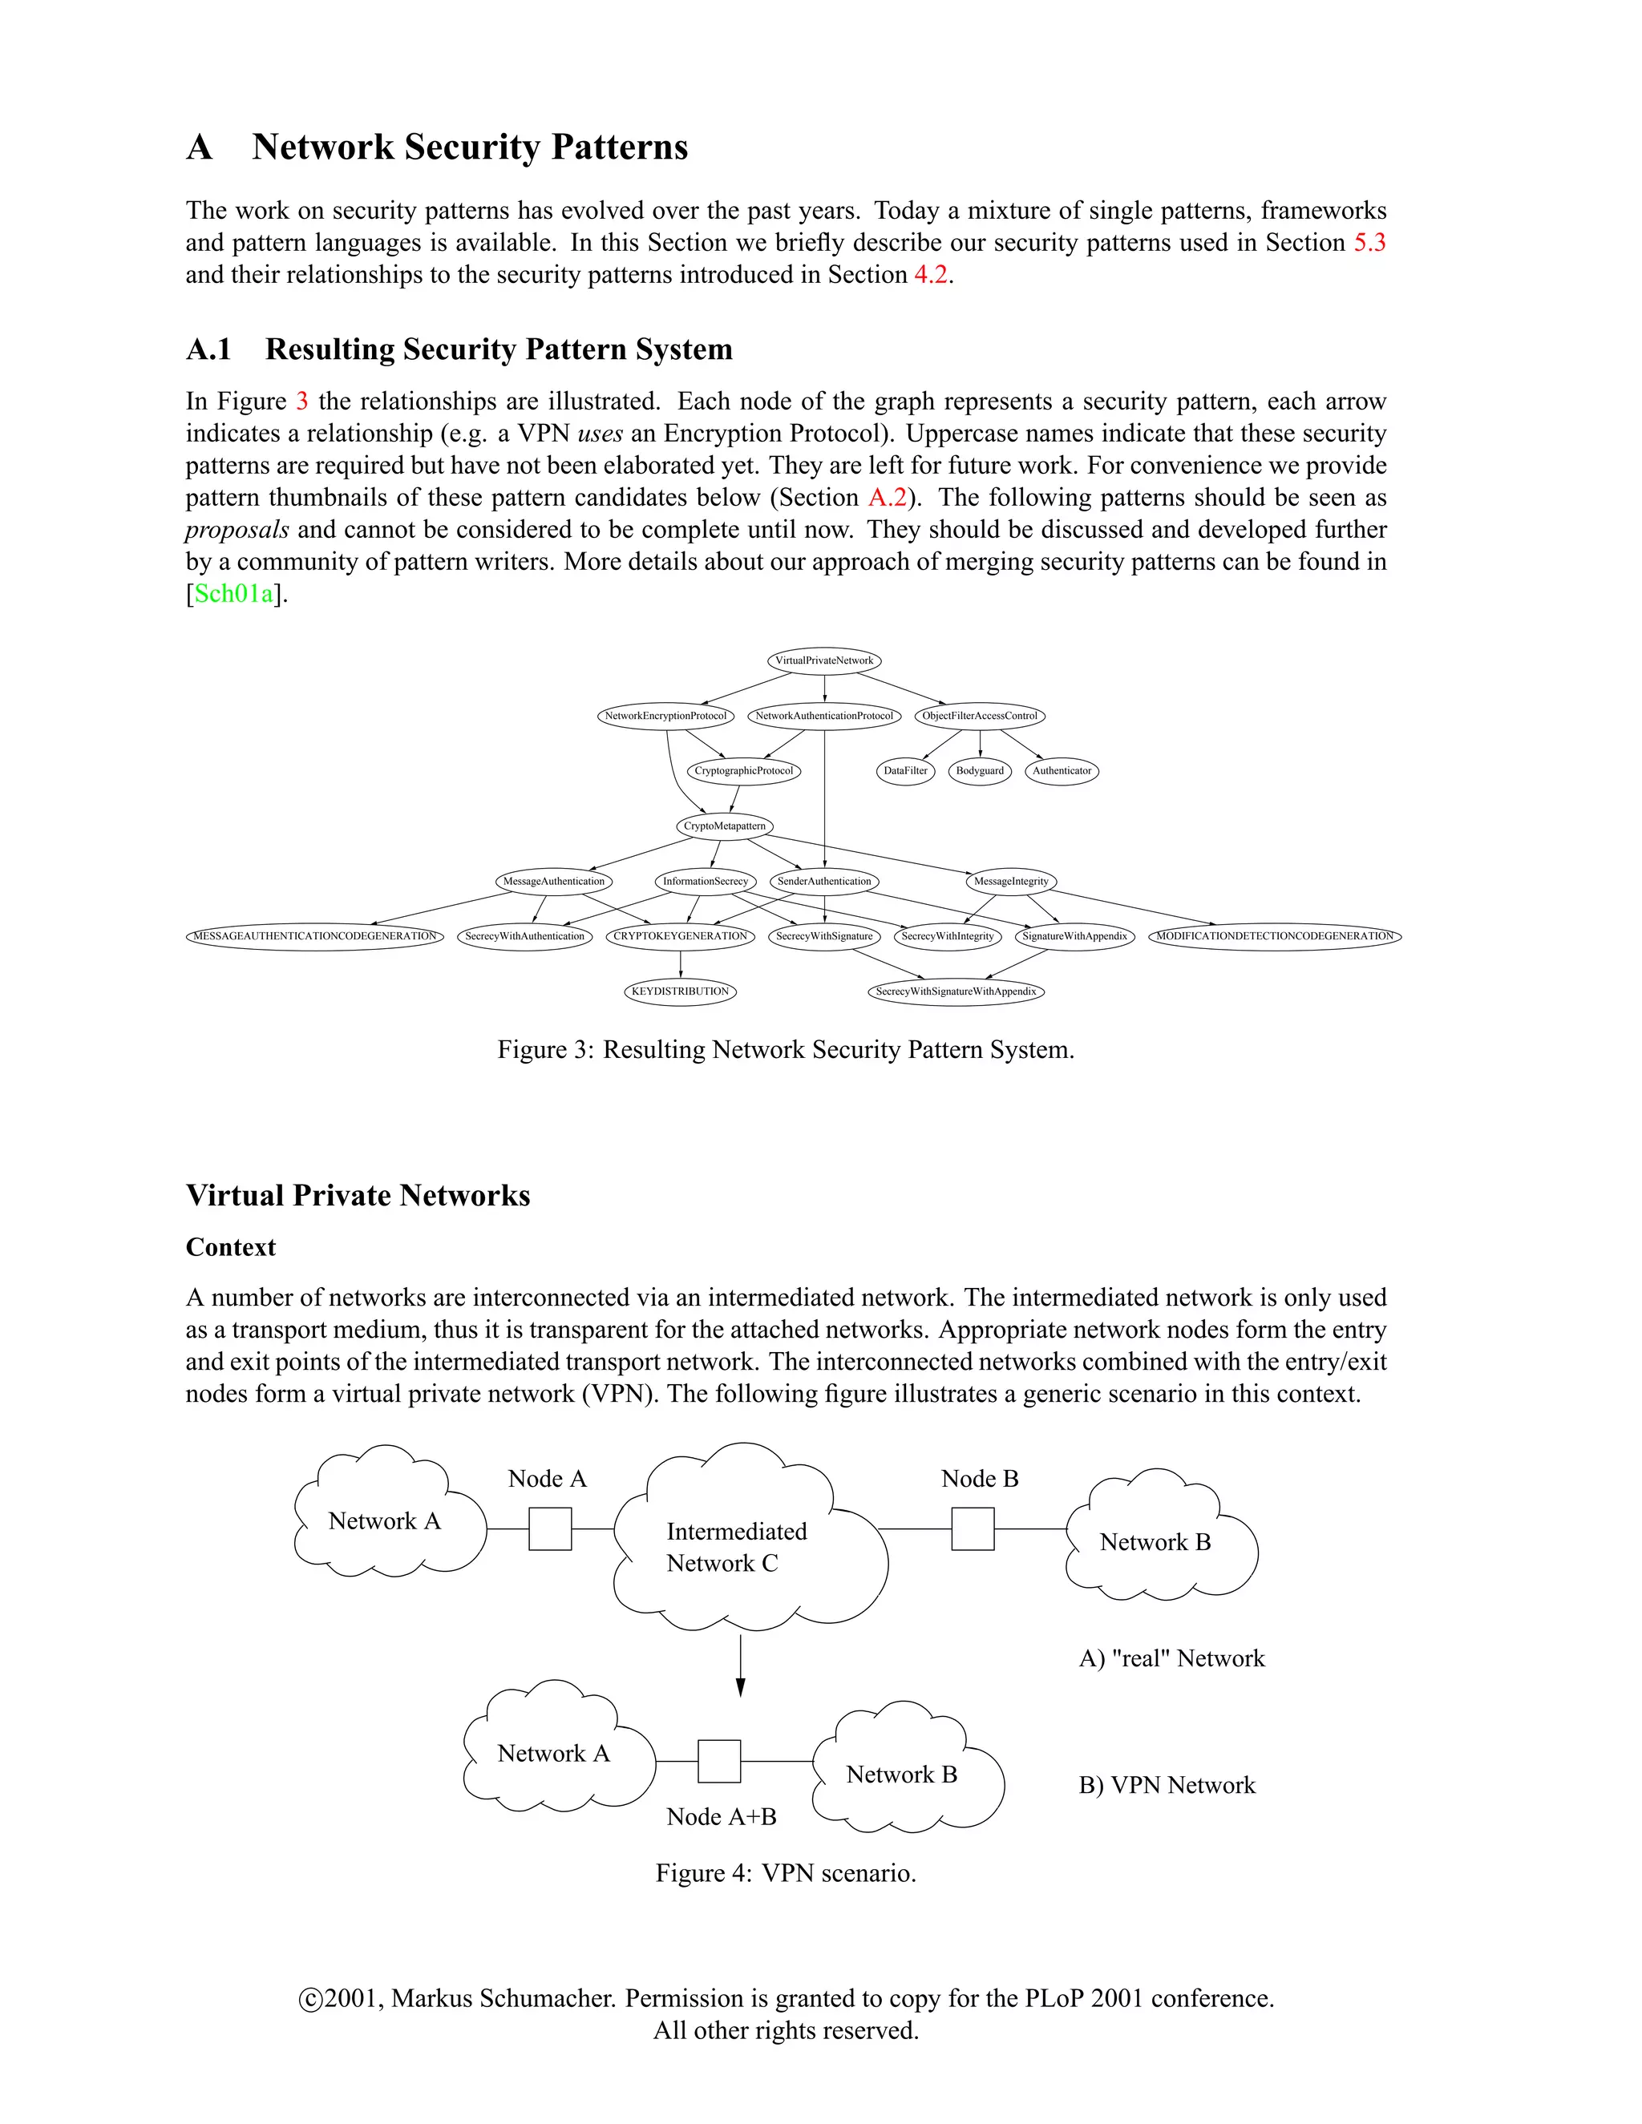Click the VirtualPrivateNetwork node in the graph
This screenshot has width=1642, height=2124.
tap(824, 660)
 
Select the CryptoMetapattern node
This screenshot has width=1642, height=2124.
tap(725, 826)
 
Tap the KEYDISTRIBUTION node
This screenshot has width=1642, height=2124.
tap(680, 991)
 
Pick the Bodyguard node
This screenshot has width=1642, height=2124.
tap(980, 770)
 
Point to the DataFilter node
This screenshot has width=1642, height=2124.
tap(906, 770)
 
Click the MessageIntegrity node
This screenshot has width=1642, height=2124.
tap(1012, 881)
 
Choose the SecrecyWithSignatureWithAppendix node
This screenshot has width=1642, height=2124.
tap(956, 991)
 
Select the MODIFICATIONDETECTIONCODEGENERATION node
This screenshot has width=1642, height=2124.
tap(1274, 935)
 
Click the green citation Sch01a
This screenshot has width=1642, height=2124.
tap(234, 593)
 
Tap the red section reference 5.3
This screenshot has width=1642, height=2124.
tap(1369, 242)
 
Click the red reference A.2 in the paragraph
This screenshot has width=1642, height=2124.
tap(888, 497)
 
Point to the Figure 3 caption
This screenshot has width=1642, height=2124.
tap(786, 1049)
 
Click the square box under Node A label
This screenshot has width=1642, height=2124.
tap(549, 1528)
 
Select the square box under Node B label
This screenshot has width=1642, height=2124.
tap(973, 1528)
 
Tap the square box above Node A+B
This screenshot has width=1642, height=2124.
tap(719, 1761)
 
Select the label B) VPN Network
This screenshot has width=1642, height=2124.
tap(1167, 1785)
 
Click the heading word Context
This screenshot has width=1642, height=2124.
tap(231, 1247)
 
